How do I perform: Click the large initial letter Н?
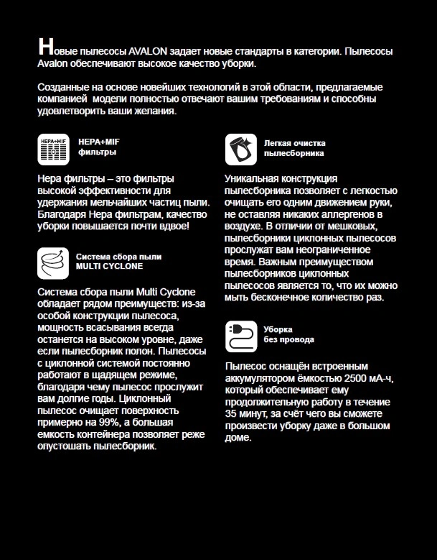tap(44, 47)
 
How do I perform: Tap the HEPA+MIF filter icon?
tap(53, 149)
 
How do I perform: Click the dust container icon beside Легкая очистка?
tap(241, 149)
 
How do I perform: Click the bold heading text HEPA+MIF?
tap(93, 142)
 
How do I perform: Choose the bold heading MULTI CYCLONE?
tap(109, 266)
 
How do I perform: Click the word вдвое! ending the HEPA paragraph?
tap(173, 226)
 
